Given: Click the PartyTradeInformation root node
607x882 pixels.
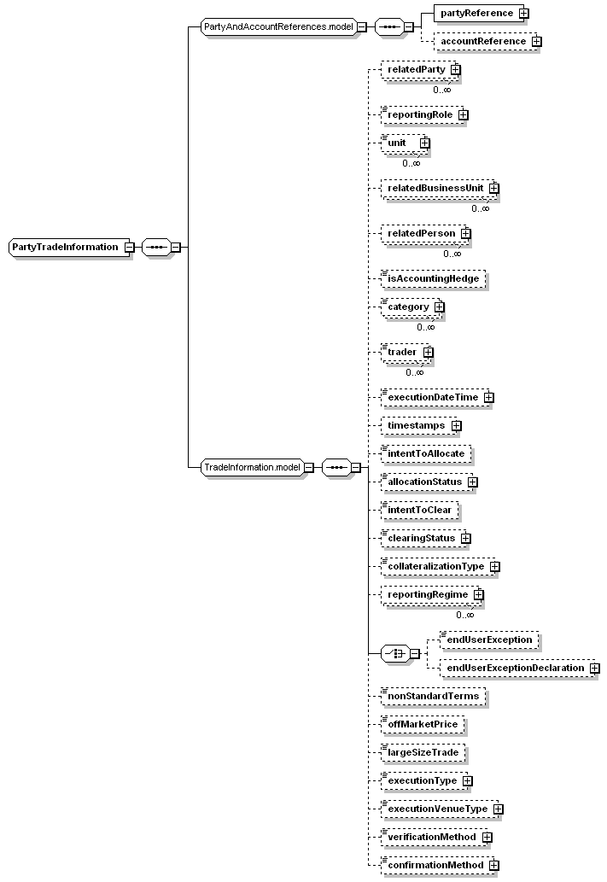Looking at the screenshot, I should [x=65, y=247].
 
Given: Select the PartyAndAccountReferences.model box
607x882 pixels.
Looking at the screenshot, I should [x=278, y=26].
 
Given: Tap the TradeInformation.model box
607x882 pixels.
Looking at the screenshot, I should [x=252, y=467].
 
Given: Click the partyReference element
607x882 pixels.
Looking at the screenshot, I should [x=476, y=13].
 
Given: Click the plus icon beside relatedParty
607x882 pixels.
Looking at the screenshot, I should [x=456, y=69].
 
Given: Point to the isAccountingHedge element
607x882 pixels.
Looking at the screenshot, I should [x=433, y=277].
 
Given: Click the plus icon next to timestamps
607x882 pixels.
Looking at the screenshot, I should [x=457, y=425].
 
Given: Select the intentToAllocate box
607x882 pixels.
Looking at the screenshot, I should [x=426, y=453].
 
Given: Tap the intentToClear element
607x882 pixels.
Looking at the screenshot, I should [x=420, y=511].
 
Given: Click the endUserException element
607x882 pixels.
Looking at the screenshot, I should [x=489, y=639].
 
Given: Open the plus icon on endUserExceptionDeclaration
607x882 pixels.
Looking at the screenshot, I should [x=594, y=668].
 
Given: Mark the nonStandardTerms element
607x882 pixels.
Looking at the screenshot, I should [x=433, y=696].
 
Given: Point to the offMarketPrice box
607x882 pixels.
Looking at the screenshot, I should [x=423, y=724].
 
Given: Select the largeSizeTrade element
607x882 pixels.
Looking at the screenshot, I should [x=423, y=752].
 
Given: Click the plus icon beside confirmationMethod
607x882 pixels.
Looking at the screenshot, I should [x=493, y=866].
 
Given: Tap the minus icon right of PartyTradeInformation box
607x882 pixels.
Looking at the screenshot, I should [x=128, y=248].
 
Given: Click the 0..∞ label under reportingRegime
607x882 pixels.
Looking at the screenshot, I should [x=464, y=615].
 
